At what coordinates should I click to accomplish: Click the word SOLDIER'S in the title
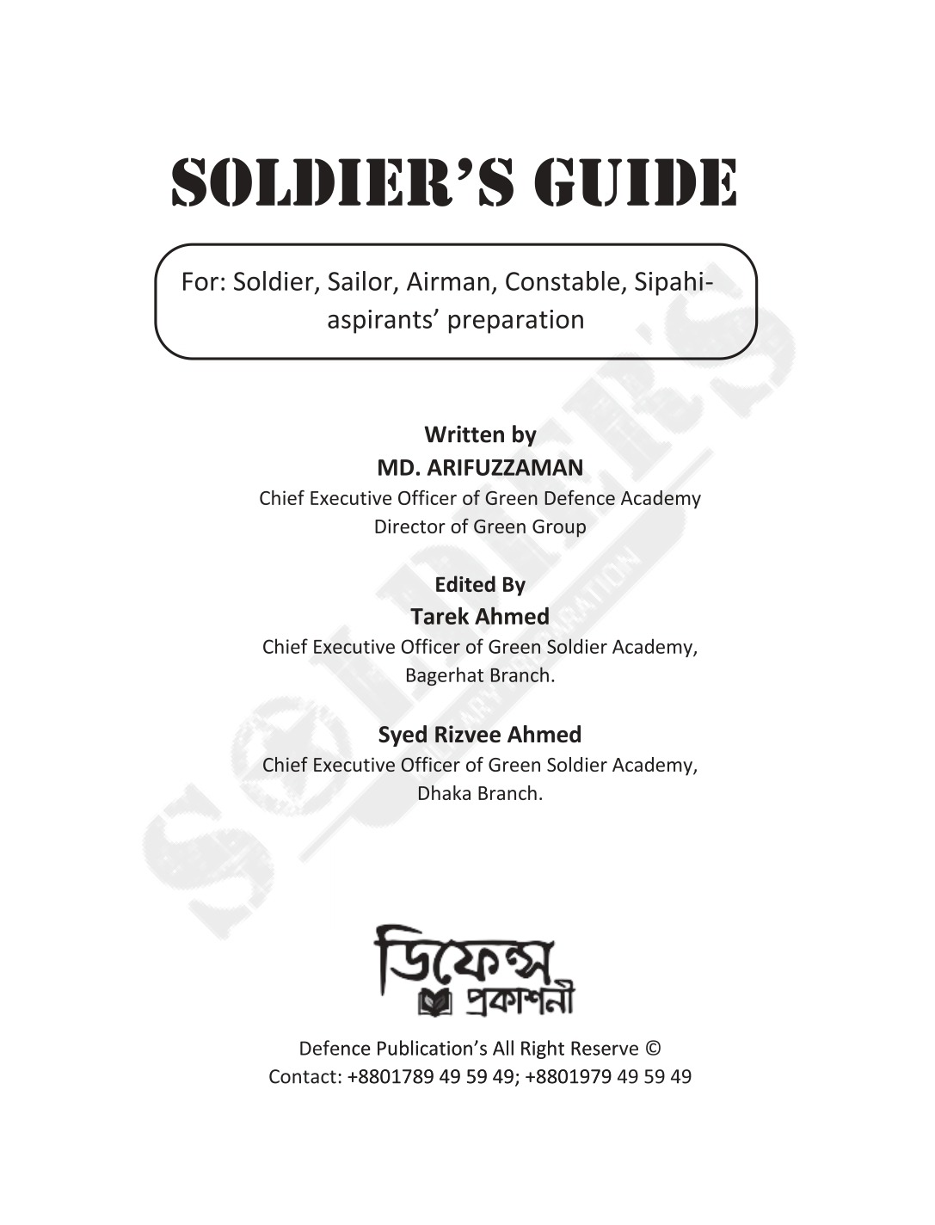344,182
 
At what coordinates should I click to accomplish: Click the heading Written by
480,435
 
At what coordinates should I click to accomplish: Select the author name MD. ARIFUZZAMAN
480,468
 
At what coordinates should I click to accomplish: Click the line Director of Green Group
480,526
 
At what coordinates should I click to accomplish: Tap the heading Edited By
480,585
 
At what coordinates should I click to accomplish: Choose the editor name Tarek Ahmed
480,617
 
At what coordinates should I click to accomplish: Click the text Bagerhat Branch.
480,675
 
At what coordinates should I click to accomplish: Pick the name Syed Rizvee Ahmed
480,735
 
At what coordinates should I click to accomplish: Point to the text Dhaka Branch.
480,793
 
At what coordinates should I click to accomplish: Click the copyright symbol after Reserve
653,1049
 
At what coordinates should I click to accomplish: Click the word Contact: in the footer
305,1077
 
